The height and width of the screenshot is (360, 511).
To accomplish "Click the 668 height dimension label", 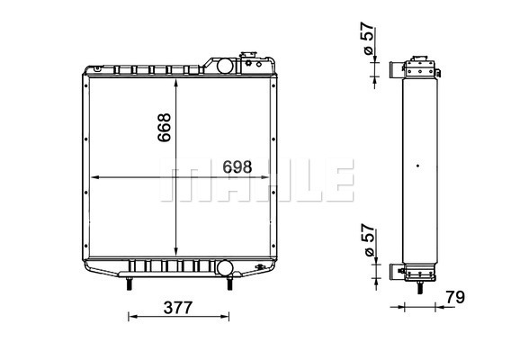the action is click(x=165, y=127).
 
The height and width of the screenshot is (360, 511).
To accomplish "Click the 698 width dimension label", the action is click(x=238, y=167).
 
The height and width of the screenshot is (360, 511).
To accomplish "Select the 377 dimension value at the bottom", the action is click(x=178, y=308).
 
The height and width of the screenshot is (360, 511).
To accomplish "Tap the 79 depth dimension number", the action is click(x=455, y=297).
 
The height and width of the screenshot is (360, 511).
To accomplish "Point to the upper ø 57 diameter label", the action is click(x=367, y=38).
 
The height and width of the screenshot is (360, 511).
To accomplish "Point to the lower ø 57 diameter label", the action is click(x=368, y=240).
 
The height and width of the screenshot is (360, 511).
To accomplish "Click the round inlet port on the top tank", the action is click(x=225, y=66).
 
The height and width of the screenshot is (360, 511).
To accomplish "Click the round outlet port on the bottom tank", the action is click(x=225, y=267).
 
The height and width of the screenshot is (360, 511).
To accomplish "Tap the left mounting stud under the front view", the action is click(x=129, y=283).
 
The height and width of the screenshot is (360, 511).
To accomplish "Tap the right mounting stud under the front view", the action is click(x=229, y=283).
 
